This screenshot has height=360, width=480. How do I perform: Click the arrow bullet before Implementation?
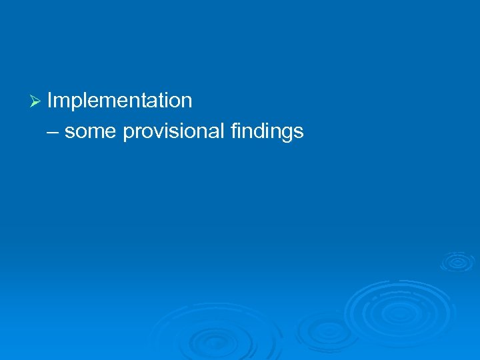point(37,101)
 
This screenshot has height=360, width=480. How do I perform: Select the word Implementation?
point(120,101)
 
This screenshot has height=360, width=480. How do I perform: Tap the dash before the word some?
point(53,131)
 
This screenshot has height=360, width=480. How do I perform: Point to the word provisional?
point(174,131)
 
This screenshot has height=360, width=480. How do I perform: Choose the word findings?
point(267,131)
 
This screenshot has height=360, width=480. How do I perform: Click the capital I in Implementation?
point(50,101)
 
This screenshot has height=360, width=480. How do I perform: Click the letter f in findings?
point(233,131)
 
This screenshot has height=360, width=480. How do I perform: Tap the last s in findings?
point(299,132)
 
